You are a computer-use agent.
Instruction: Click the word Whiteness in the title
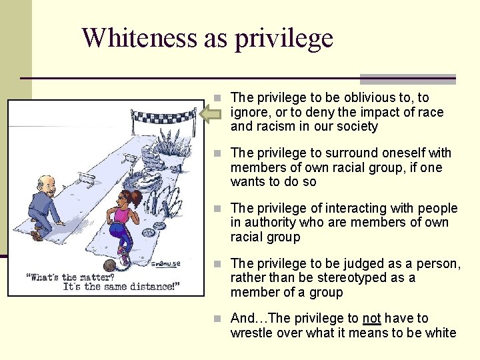pos(140,37)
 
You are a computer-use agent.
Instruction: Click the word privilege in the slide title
pos(283,39)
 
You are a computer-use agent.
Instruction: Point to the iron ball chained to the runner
pos(108,265)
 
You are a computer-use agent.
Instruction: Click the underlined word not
pos(371,319)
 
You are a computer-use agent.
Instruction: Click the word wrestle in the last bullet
pos(253,333)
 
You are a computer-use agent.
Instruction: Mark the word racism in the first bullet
pos(273,126)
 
